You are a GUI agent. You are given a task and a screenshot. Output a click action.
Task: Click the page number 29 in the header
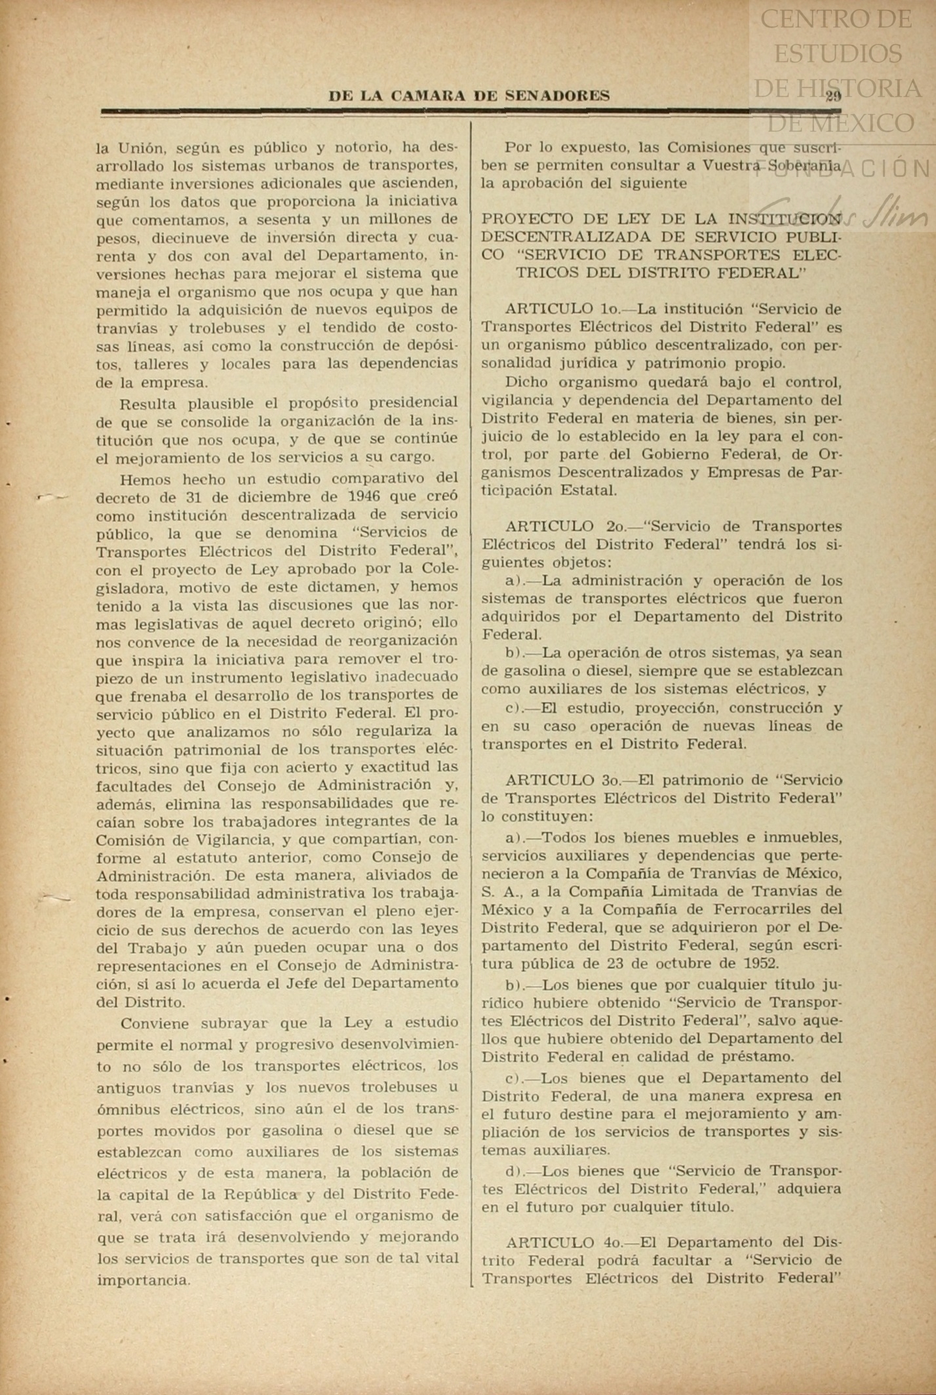[x=833, y=96]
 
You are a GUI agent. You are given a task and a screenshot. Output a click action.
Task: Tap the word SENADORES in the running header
[x=558, y=96]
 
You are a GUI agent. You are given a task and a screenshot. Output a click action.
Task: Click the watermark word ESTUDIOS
[x=838, y=53]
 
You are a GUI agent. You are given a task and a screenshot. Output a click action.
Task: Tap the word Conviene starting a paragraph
[x=155, y=1023]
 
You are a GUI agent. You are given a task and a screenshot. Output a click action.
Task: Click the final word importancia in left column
[x=143, y=1280]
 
